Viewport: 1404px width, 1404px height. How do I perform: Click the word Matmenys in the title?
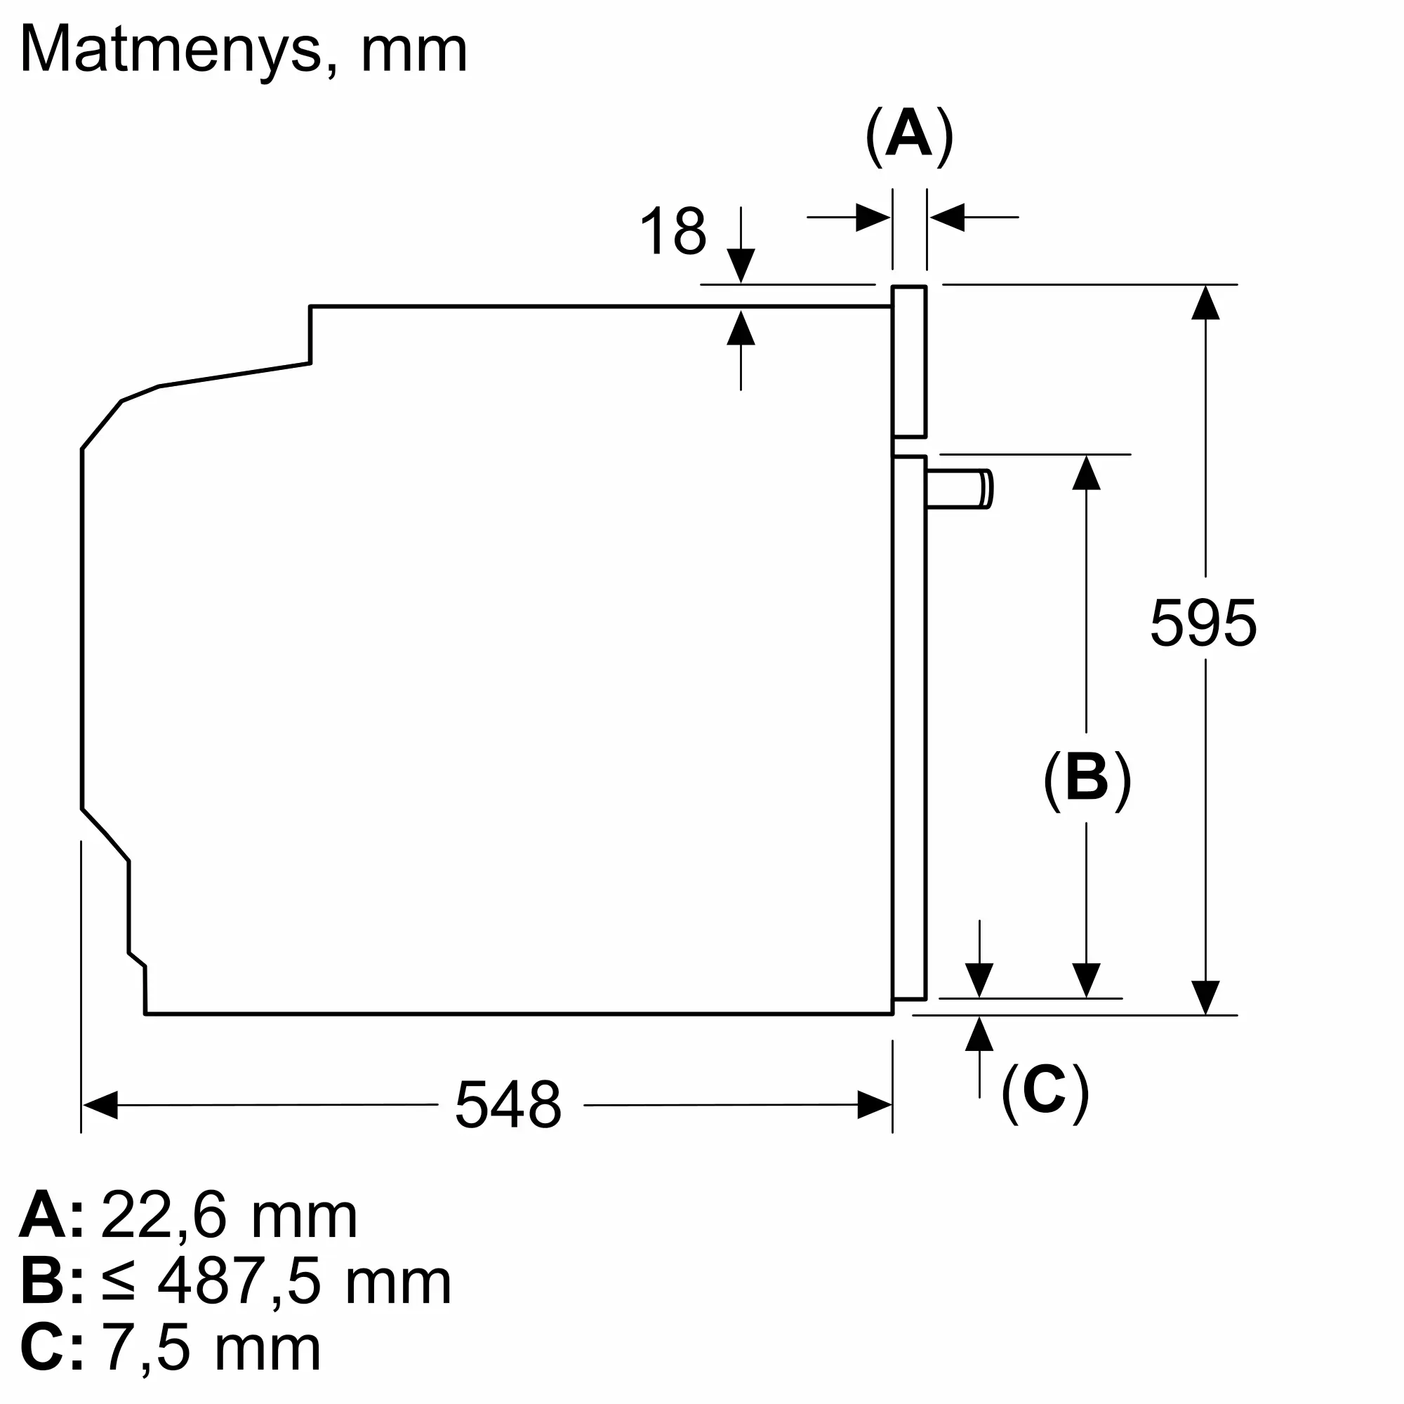[x=171, y=51]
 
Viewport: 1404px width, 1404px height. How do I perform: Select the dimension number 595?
[x=1203, y=623]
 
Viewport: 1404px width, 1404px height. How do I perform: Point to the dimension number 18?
[x=673, y=231]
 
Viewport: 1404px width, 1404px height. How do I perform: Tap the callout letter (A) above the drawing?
[x=909, y=137]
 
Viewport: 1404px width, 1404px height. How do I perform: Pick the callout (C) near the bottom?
[x=1045, y=1092]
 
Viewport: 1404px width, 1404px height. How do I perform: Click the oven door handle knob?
[x=960, y=489]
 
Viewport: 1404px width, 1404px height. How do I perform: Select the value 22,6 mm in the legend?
[x=229, y=1215]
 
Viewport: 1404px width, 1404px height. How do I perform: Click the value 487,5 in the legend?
[x=239, y=1282]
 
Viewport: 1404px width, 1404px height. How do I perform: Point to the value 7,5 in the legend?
[x=145, y=1349]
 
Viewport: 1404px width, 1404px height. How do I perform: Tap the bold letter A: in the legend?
[x=51, y=1214]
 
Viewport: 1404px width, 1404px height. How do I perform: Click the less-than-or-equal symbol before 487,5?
[x=119, y=1283]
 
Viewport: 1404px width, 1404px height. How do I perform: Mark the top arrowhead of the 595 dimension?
[x=1205, y=303]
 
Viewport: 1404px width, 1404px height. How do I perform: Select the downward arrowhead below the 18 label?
[x=741, y=266]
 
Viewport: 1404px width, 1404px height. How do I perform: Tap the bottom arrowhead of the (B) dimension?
[x=1087, y=980]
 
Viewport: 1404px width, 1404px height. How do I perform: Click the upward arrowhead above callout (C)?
[x=979, y=1033]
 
